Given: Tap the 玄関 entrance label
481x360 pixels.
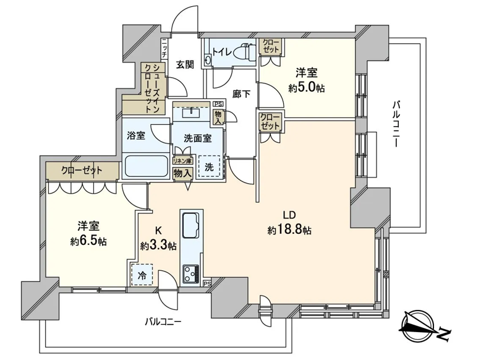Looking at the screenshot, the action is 185,65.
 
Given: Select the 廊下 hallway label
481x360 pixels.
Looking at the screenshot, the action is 241,94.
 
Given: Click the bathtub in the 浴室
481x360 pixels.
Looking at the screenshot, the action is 146,166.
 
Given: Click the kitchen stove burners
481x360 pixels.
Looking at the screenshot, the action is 190,274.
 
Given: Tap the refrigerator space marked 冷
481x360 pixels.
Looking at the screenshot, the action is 142,275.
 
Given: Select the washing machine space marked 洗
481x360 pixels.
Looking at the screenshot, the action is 209,166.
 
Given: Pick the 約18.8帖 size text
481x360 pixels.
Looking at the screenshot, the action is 289,229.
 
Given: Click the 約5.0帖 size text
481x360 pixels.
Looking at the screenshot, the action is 306,88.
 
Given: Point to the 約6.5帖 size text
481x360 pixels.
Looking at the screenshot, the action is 88,241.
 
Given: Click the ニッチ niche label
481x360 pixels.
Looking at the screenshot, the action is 164,48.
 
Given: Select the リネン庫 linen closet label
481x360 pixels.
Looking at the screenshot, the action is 182,161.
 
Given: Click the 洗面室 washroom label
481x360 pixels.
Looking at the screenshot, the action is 198,139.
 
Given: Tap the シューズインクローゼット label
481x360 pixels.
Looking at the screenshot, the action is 153,88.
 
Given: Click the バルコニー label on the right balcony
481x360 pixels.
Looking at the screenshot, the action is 396,124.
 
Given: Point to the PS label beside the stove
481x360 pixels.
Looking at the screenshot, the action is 207,283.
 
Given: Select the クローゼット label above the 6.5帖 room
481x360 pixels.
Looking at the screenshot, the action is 81,170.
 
